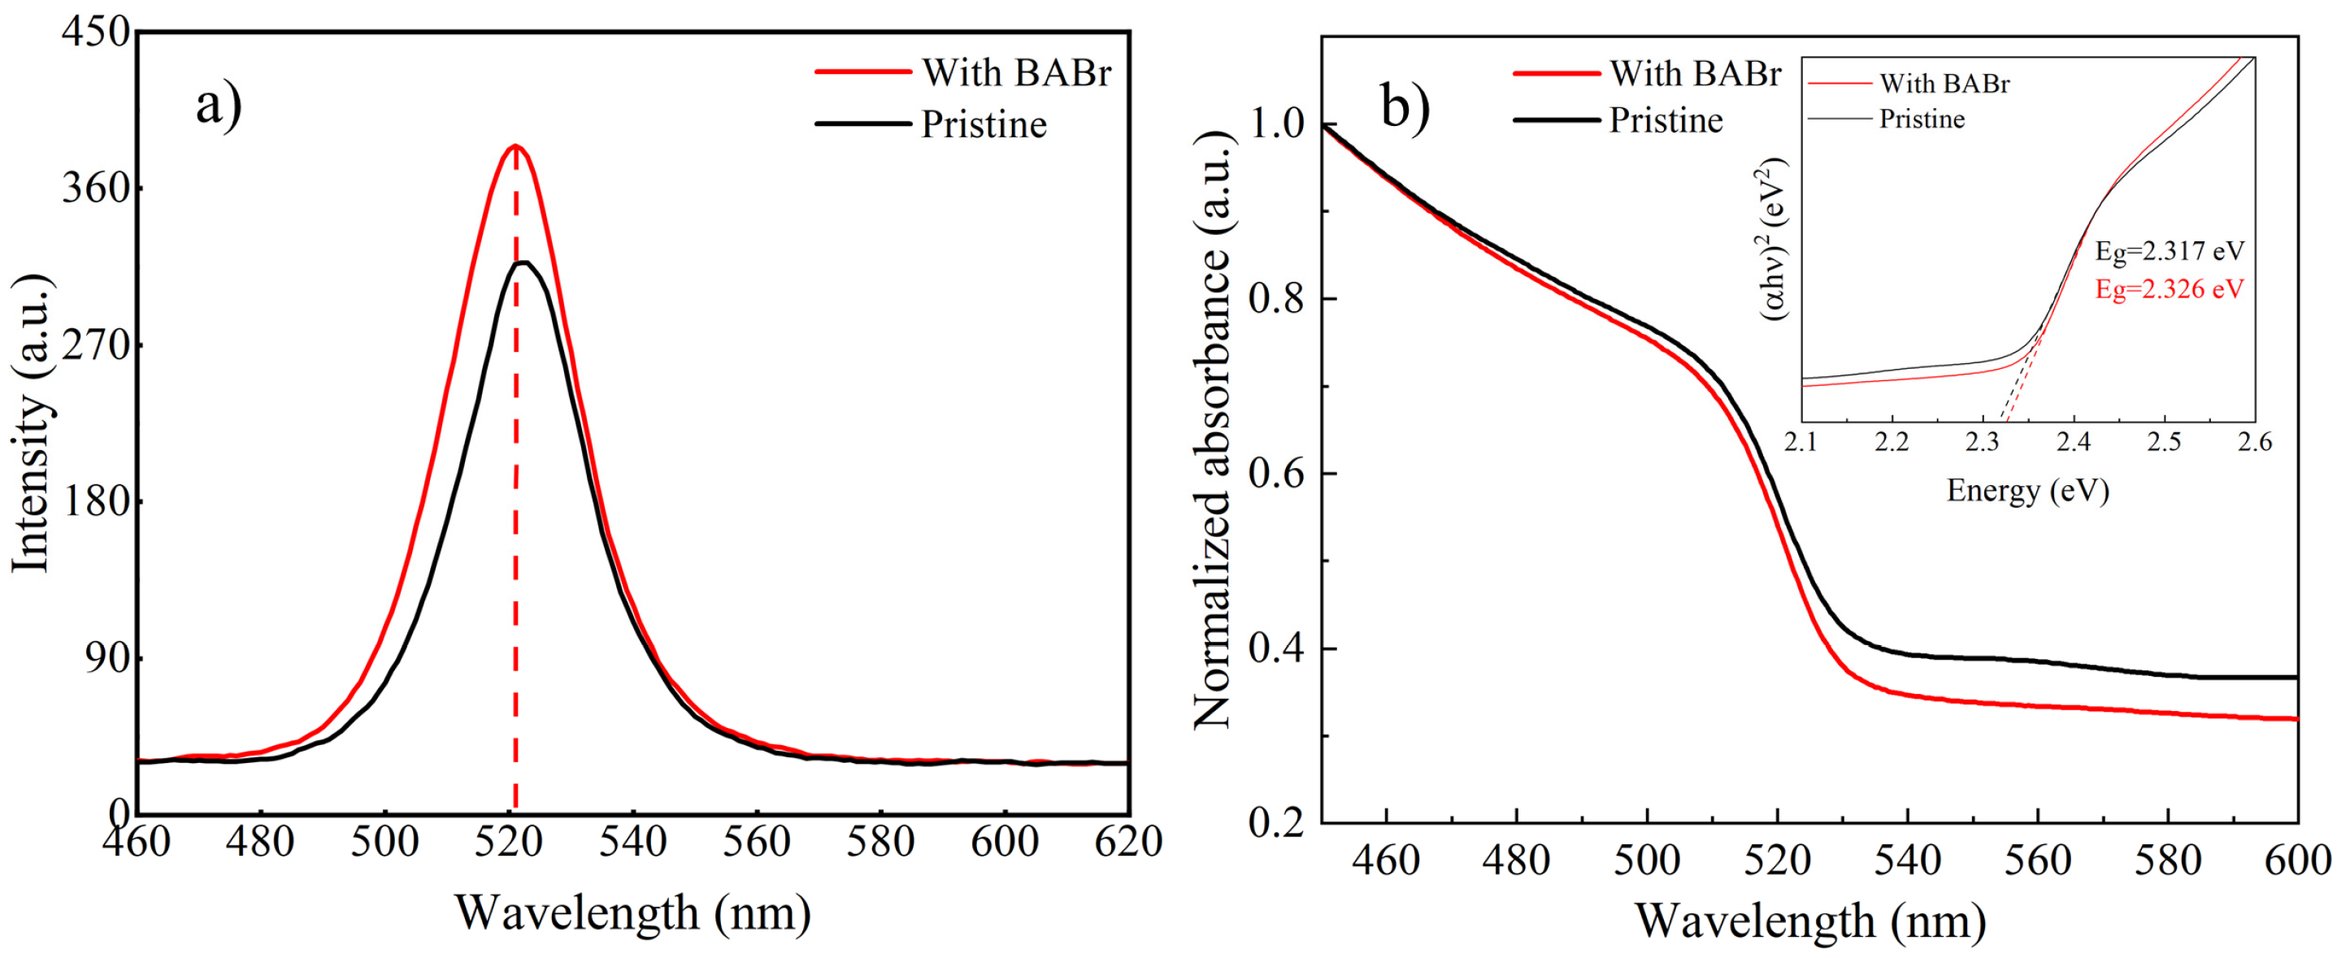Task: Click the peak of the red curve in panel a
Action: coord(515,146)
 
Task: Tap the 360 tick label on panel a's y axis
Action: coord(97,188)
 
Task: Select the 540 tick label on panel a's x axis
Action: coord(632,842)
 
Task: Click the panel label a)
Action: coord(219,106)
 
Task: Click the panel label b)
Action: coord(1405,106)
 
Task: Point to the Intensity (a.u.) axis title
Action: coord(30,423)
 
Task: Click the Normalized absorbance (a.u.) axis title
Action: coord(1212,430)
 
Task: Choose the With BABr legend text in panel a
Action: coord(1015,72)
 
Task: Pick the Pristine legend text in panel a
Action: coord(984,124)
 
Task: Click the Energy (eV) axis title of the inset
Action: coord(2027,491)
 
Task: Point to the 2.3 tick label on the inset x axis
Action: coord(1983,442)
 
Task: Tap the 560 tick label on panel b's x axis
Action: coord(2038,859)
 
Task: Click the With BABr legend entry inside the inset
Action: coord(1944,84)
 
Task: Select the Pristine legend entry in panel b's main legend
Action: coord(1665,119)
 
